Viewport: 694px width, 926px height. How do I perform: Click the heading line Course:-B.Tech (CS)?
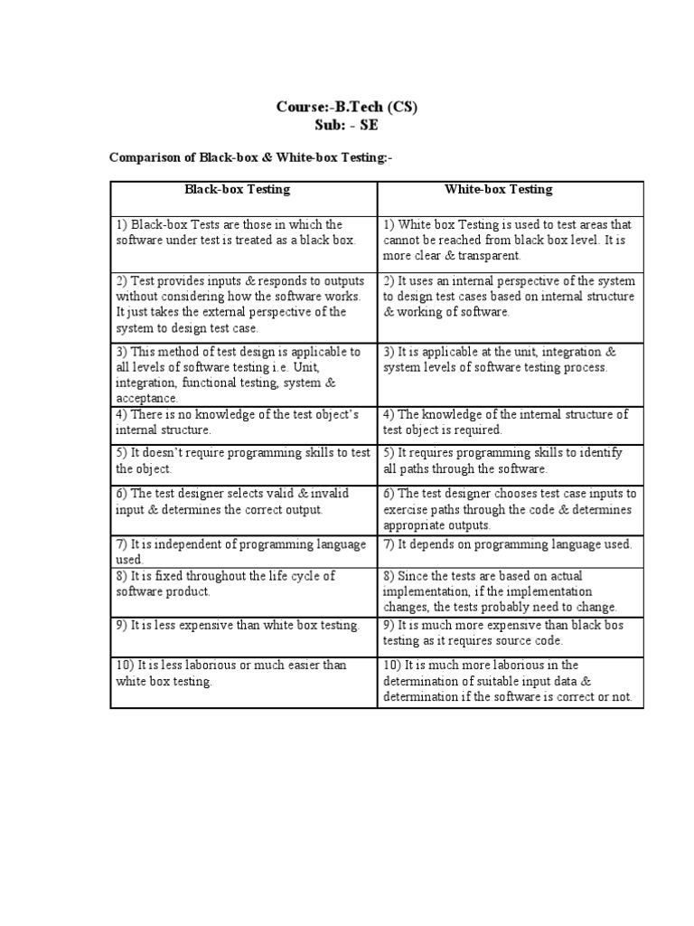coord(347,108)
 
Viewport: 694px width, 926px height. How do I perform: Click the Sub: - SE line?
coord(347,125)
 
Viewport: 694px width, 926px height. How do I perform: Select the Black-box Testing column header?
coord(237,190)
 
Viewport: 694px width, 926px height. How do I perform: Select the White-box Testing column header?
coord(498,190)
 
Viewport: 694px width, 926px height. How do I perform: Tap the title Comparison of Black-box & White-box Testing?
coord(251,158)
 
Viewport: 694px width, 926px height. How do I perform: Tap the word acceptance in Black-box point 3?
coord(145,399)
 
